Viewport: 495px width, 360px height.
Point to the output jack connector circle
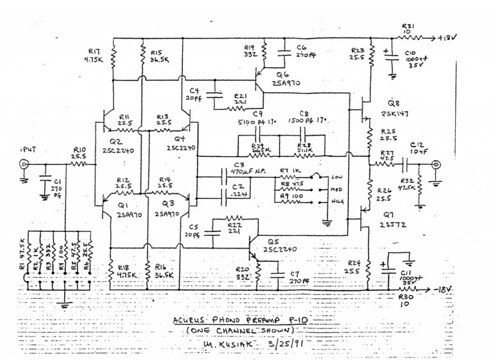click(x=437, y=165)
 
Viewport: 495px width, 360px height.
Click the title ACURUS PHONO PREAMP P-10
click(x=241, y=321)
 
